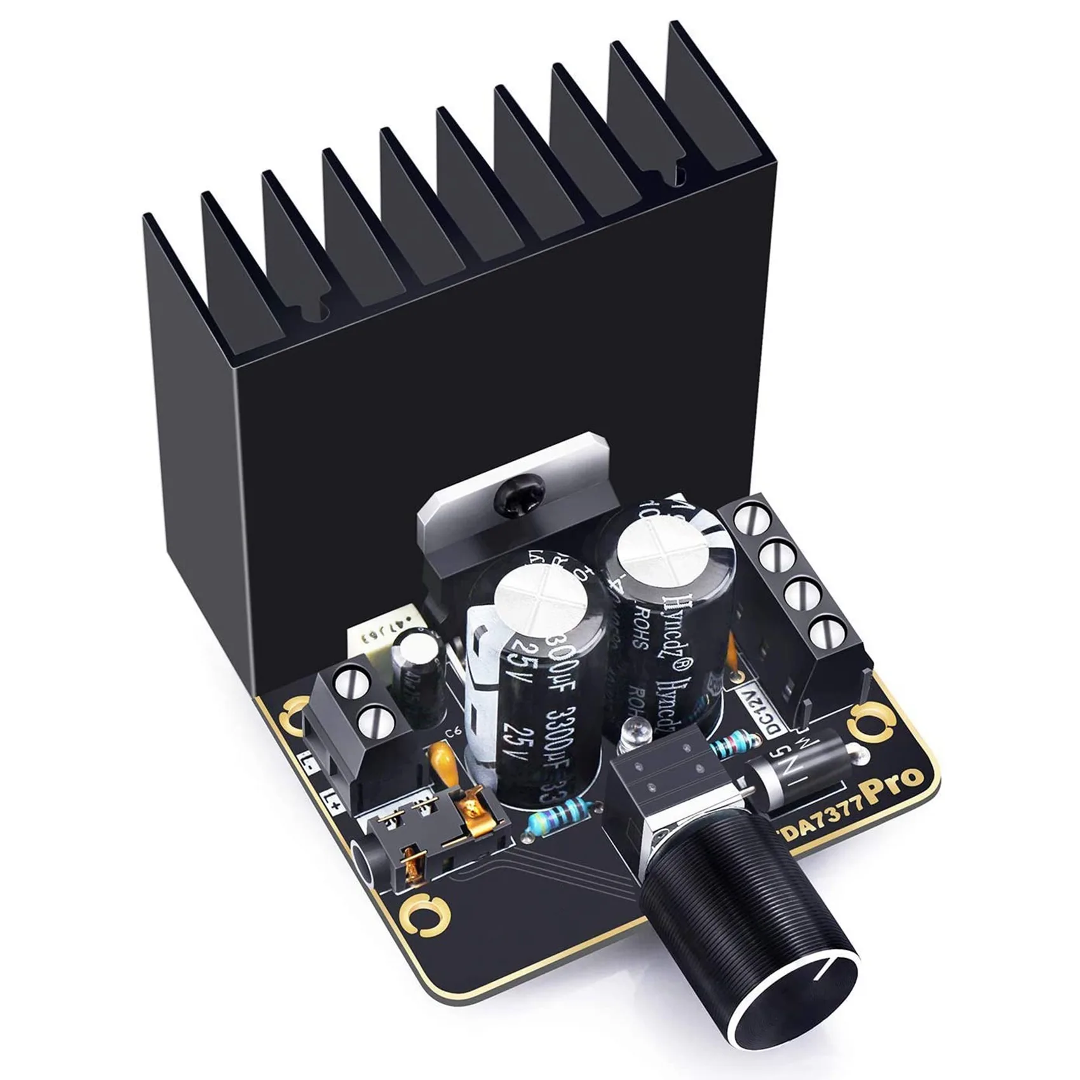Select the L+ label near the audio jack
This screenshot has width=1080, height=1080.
click(330, 797)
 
